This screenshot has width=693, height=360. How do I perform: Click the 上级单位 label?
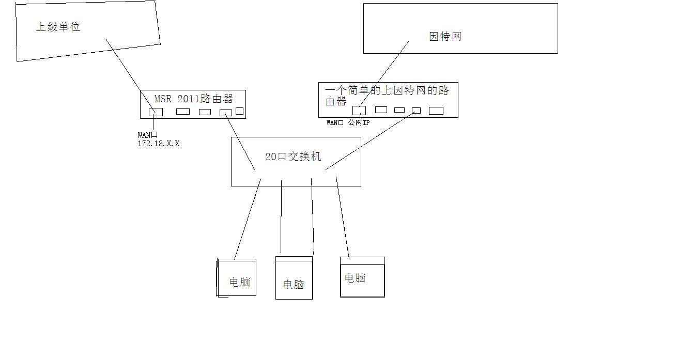(x=58, y=27)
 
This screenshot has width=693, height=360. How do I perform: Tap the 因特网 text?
(x=445, y=37)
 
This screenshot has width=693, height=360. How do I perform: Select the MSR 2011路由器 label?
(x=194, y=99)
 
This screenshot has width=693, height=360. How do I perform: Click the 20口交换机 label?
(x=293, y=156)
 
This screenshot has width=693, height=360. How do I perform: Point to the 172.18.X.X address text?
(x=159, y=144)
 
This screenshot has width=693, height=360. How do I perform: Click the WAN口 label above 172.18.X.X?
(x=147, y=135)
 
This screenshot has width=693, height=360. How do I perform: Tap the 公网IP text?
(x=359, y=123)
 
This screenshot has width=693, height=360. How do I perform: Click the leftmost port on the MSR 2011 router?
(x=156, y=112)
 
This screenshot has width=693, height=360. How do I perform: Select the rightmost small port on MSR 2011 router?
(x=239, y=111)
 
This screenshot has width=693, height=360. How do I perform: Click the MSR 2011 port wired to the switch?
(x=226, y=113)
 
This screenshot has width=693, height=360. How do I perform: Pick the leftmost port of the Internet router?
(x=359, y=110)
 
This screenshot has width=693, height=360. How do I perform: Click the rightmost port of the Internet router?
(x=436, y=111)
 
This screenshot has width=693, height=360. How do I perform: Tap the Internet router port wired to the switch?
(x=416, y=110)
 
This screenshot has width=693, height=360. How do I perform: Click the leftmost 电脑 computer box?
(x=237, y=278)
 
